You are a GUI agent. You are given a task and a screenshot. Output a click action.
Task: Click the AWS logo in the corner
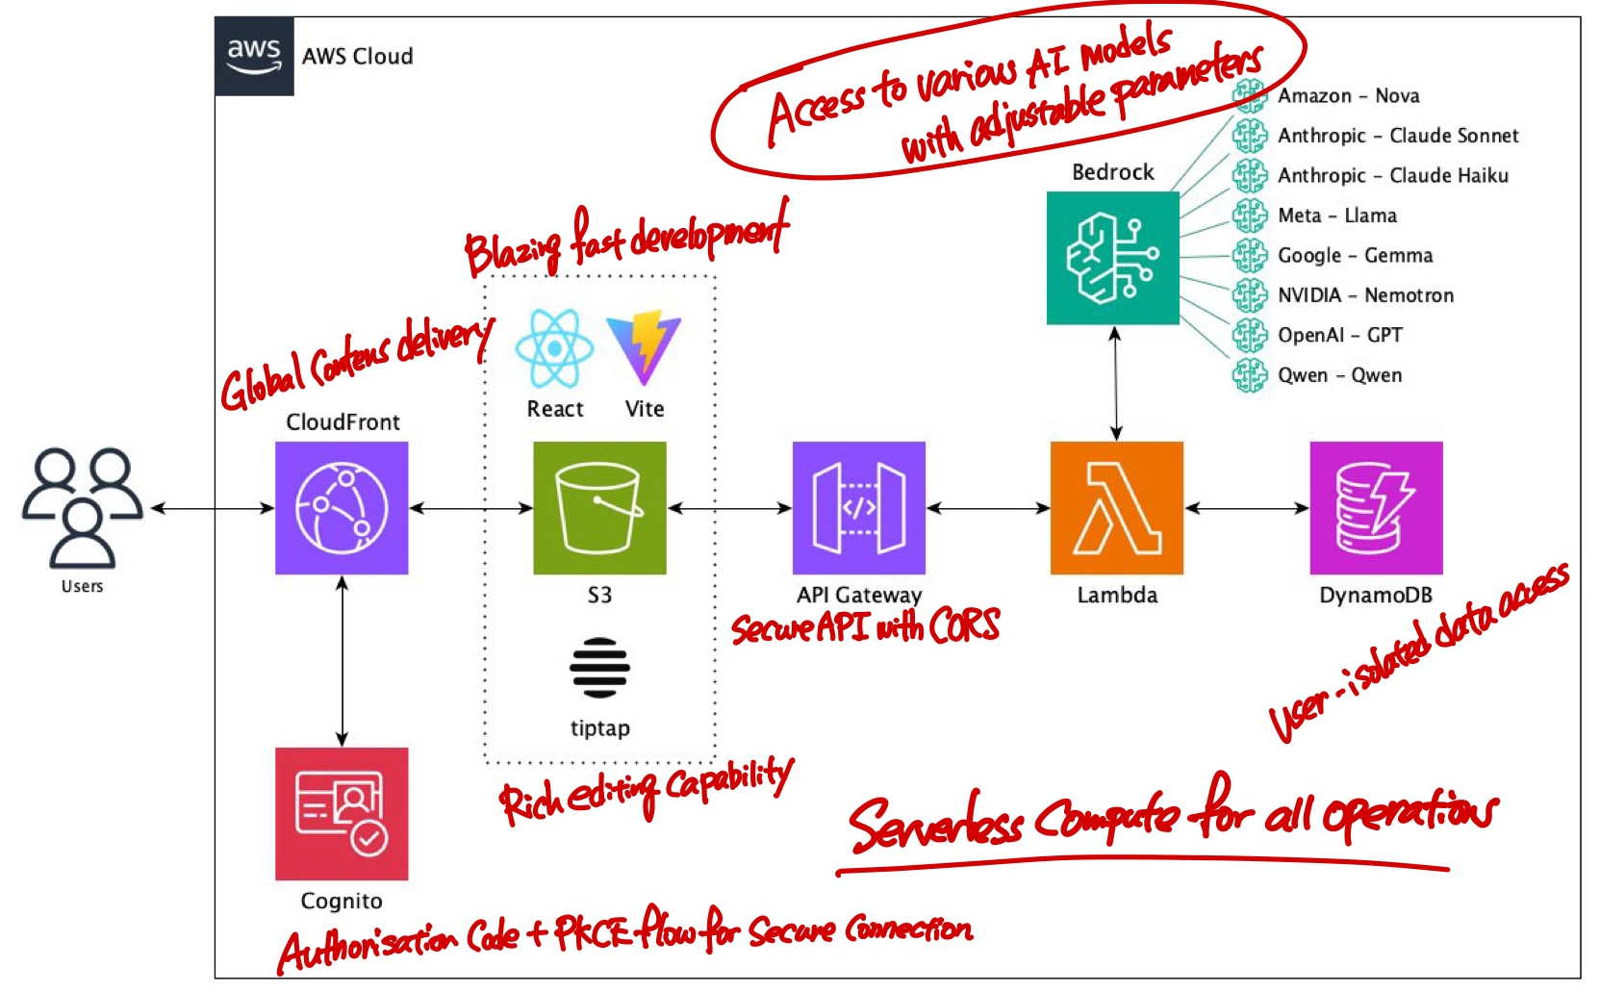pos(254,56)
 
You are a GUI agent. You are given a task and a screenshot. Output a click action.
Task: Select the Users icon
pos(83,507)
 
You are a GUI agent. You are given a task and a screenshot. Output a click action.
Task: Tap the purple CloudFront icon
pos(342,508)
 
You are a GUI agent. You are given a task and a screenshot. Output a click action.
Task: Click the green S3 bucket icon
pos(599,508)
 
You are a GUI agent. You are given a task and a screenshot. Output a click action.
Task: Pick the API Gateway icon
pos(858,508)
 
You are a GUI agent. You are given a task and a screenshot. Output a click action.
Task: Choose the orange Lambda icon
pos(1116,508)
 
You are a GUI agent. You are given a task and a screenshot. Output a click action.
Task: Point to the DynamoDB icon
pos(1376,508)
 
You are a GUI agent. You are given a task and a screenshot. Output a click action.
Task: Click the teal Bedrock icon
pos(1112,258)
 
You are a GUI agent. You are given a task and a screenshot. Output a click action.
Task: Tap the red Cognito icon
pos(342,814)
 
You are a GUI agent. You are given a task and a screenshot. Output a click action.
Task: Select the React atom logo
pos(554,348)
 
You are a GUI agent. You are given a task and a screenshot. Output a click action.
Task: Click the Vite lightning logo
pos(644,346)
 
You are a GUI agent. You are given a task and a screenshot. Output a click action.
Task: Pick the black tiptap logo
pos(599,667)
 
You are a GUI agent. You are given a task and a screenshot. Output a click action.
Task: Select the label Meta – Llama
pos(1336,216)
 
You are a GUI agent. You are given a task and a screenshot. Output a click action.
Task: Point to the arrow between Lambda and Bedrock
pos(1115,383)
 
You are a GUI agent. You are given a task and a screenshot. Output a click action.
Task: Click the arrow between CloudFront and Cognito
pos(342,661)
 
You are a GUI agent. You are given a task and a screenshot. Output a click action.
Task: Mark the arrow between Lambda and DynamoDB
pos(1246,508)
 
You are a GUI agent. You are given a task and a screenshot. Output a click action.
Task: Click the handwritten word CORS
pos(964,626)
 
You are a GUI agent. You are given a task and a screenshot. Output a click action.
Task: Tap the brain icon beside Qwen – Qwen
pos(1250,375)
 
